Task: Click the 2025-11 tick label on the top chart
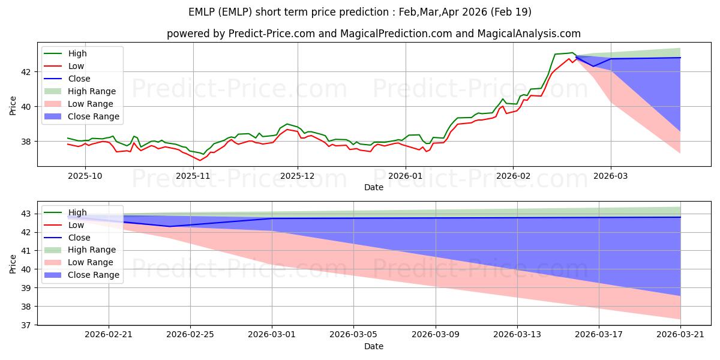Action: (193, 176)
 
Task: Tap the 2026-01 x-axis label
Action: (406, 176)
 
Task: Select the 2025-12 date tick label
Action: (298, 176)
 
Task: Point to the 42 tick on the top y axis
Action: (26, 72)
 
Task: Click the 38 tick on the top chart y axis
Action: (26, 142)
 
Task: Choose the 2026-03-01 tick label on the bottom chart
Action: (272, 335)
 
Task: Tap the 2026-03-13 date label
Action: (517, 335)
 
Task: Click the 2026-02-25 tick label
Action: (190, 335)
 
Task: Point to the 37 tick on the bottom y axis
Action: (26, 325)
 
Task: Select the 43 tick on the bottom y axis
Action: (26, 214)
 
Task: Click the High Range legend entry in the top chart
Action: (80, 91)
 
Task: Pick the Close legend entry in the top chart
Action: (67, 79)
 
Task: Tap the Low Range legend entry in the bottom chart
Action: (79, 262)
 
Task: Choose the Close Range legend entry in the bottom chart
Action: (82, 275)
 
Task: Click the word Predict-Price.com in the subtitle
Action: (272, 34)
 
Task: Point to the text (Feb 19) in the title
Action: (511, 12)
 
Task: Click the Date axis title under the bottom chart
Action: (373, 346)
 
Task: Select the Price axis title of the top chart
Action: (13, 106)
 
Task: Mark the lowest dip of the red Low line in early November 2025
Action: (200, 160)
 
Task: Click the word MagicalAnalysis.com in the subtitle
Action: (529, 34)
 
